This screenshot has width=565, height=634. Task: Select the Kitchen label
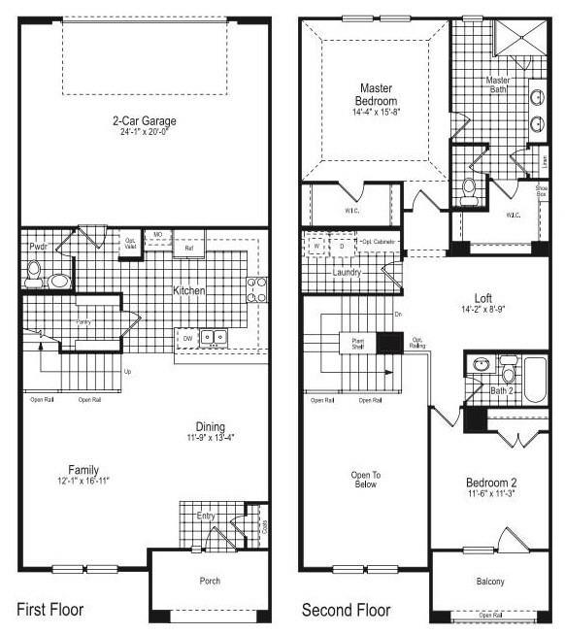[187, 291]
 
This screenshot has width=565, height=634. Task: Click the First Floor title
[50, 610]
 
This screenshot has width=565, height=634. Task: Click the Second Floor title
[346, 610]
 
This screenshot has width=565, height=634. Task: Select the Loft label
[482, 298]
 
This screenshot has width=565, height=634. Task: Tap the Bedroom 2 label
[490, 484]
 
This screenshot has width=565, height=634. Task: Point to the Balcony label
[490, 582]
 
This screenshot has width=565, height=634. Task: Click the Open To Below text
[364, 480]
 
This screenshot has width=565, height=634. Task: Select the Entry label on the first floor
[206, 516]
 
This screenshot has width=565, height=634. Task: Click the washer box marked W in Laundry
[316, 247]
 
